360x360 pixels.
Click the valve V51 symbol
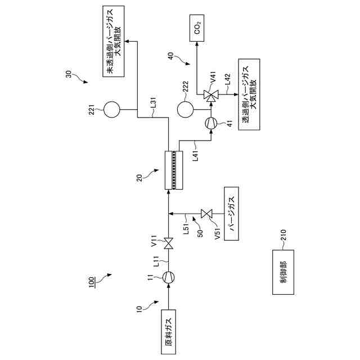206,214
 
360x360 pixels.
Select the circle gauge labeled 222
184,109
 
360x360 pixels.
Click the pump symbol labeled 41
211,122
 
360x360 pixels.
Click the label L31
154,102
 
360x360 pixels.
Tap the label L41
195,154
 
